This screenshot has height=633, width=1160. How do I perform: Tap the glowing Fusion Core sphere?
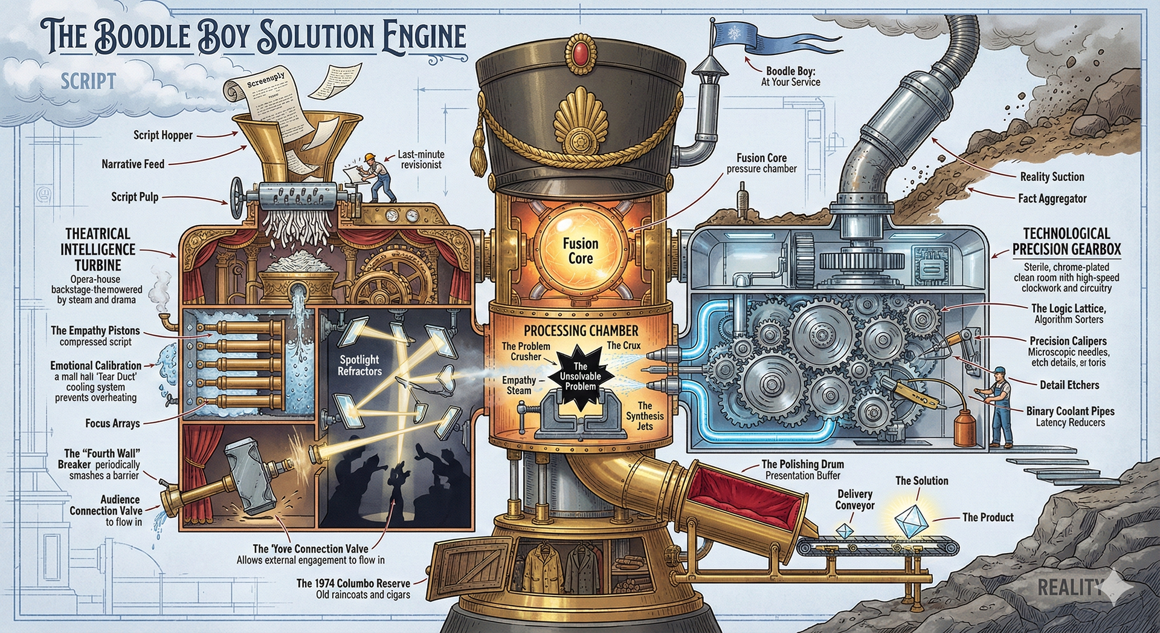(x=580, y=251)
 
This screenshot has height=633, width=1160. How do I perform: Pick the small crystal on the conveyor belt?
(x=844, y=530)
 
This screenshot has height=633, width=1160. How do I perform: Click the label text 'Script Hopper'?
(x=163, y=135)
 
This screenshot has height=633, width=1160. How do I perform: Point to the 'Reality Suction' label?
(x=1052, y=177)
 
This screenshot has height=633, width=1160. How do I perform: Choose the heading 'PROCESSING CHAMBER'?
(x=581, y=330)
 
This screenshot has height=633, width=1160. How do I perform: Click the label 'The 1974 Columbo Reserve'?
(x=353, y=583)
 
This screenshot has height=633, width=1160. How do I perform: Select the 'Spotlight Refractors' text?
(x=359, y=365)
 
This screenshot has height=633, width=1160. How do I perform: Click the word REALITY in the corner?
(x=1069, y=586)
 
